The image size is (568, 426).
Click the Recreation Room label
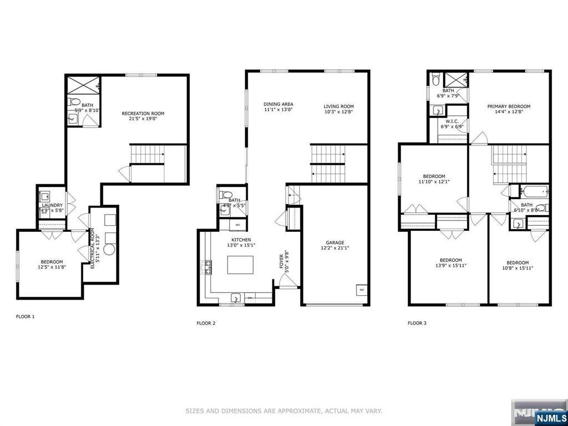coord(143,114)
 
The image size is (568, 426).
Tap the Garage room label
coord(335,242)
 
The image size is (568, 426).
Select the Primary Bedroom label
coord(509,106)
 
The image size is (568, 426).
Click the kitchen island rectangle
coord(241,265)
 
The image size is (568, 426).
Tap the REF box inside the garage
coord(361,290)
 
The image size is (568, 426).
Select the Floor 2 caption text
coord(206,323)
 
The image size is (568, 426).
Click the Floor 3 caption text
coord(417,323)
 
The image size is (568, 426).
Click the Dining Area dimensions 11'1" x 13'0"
coord(278,110)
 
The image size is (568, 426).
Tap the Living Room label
coord(338,106)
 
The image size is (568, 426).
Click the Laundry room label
coord(52,205)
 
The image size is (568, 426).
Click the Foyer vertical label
coord(283,261)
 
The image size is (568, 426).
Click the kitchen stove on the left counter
coord(210,267)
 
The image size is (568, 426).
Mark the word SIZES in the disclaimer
coord(194,411)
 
